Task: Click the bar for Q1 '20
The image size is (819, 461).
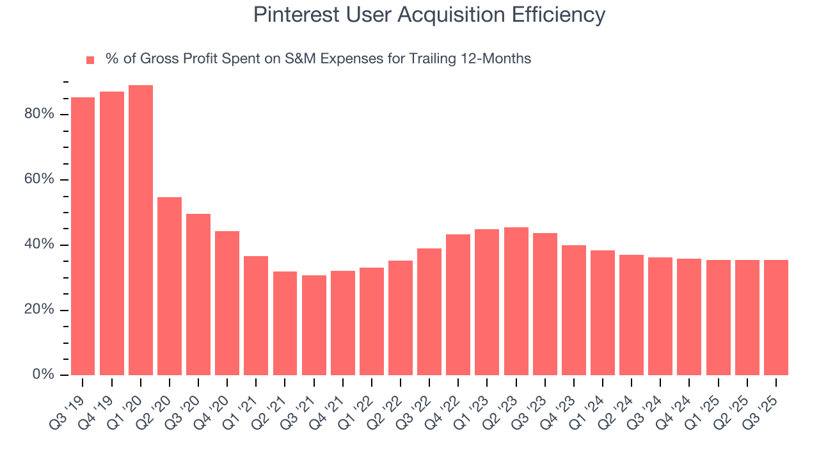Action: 141,230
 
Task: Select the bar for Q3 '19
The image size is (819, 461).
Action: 83,236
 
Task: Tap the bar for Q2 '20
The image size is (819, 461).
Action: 170,286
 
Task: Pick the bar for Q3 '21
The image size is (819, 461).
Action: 314,325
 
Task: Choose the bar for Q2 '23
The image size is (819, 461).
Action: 516,301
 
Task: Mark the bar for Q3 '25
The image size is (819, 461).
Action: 776,318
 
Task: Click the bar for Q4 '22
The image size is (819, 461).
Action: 458,305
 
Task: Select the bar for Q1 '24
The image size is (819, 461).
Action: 603,312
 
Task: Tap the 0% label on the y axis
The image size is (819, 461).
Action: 43,375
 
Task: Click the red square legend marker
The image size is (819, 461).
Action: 90,60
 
